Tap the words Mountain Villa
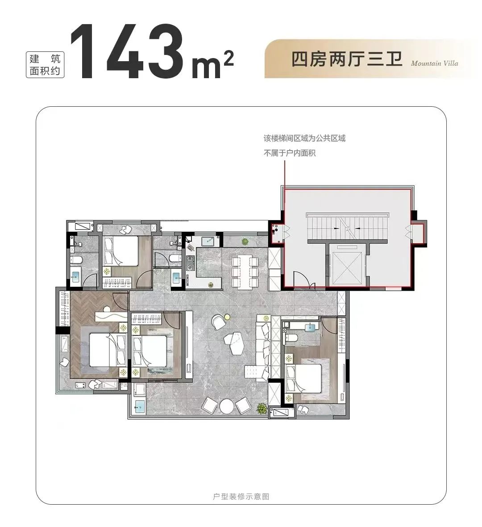pos(434,63)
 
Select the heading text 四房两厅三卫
pos(346,59)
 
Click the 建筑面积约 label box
pos(45,65)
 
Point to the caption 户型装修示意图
pos(241,497)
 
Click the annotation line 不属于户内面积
pos(289,153)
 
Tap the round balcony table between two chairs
pos(226,406)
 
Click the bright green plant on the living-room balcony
pos(262,408)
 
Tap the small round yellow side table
pos(228,316)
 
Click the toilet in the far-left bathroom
pos(76,260)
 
